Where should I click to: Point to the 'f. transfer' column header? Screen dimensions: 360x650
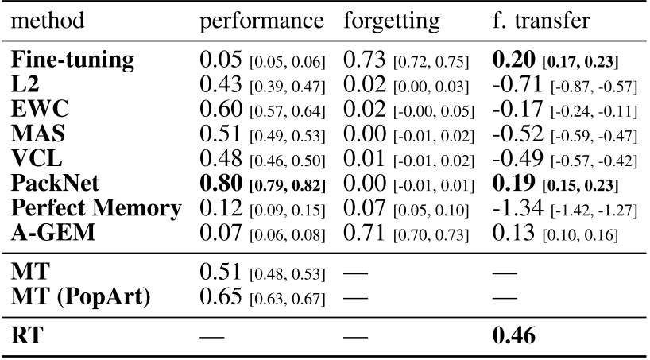coord(538,21)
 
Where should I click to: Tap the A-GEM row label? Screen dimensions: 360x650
coord(49,234)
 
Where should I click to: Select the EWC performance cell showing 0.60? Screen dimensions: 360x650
coord(220,108)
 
